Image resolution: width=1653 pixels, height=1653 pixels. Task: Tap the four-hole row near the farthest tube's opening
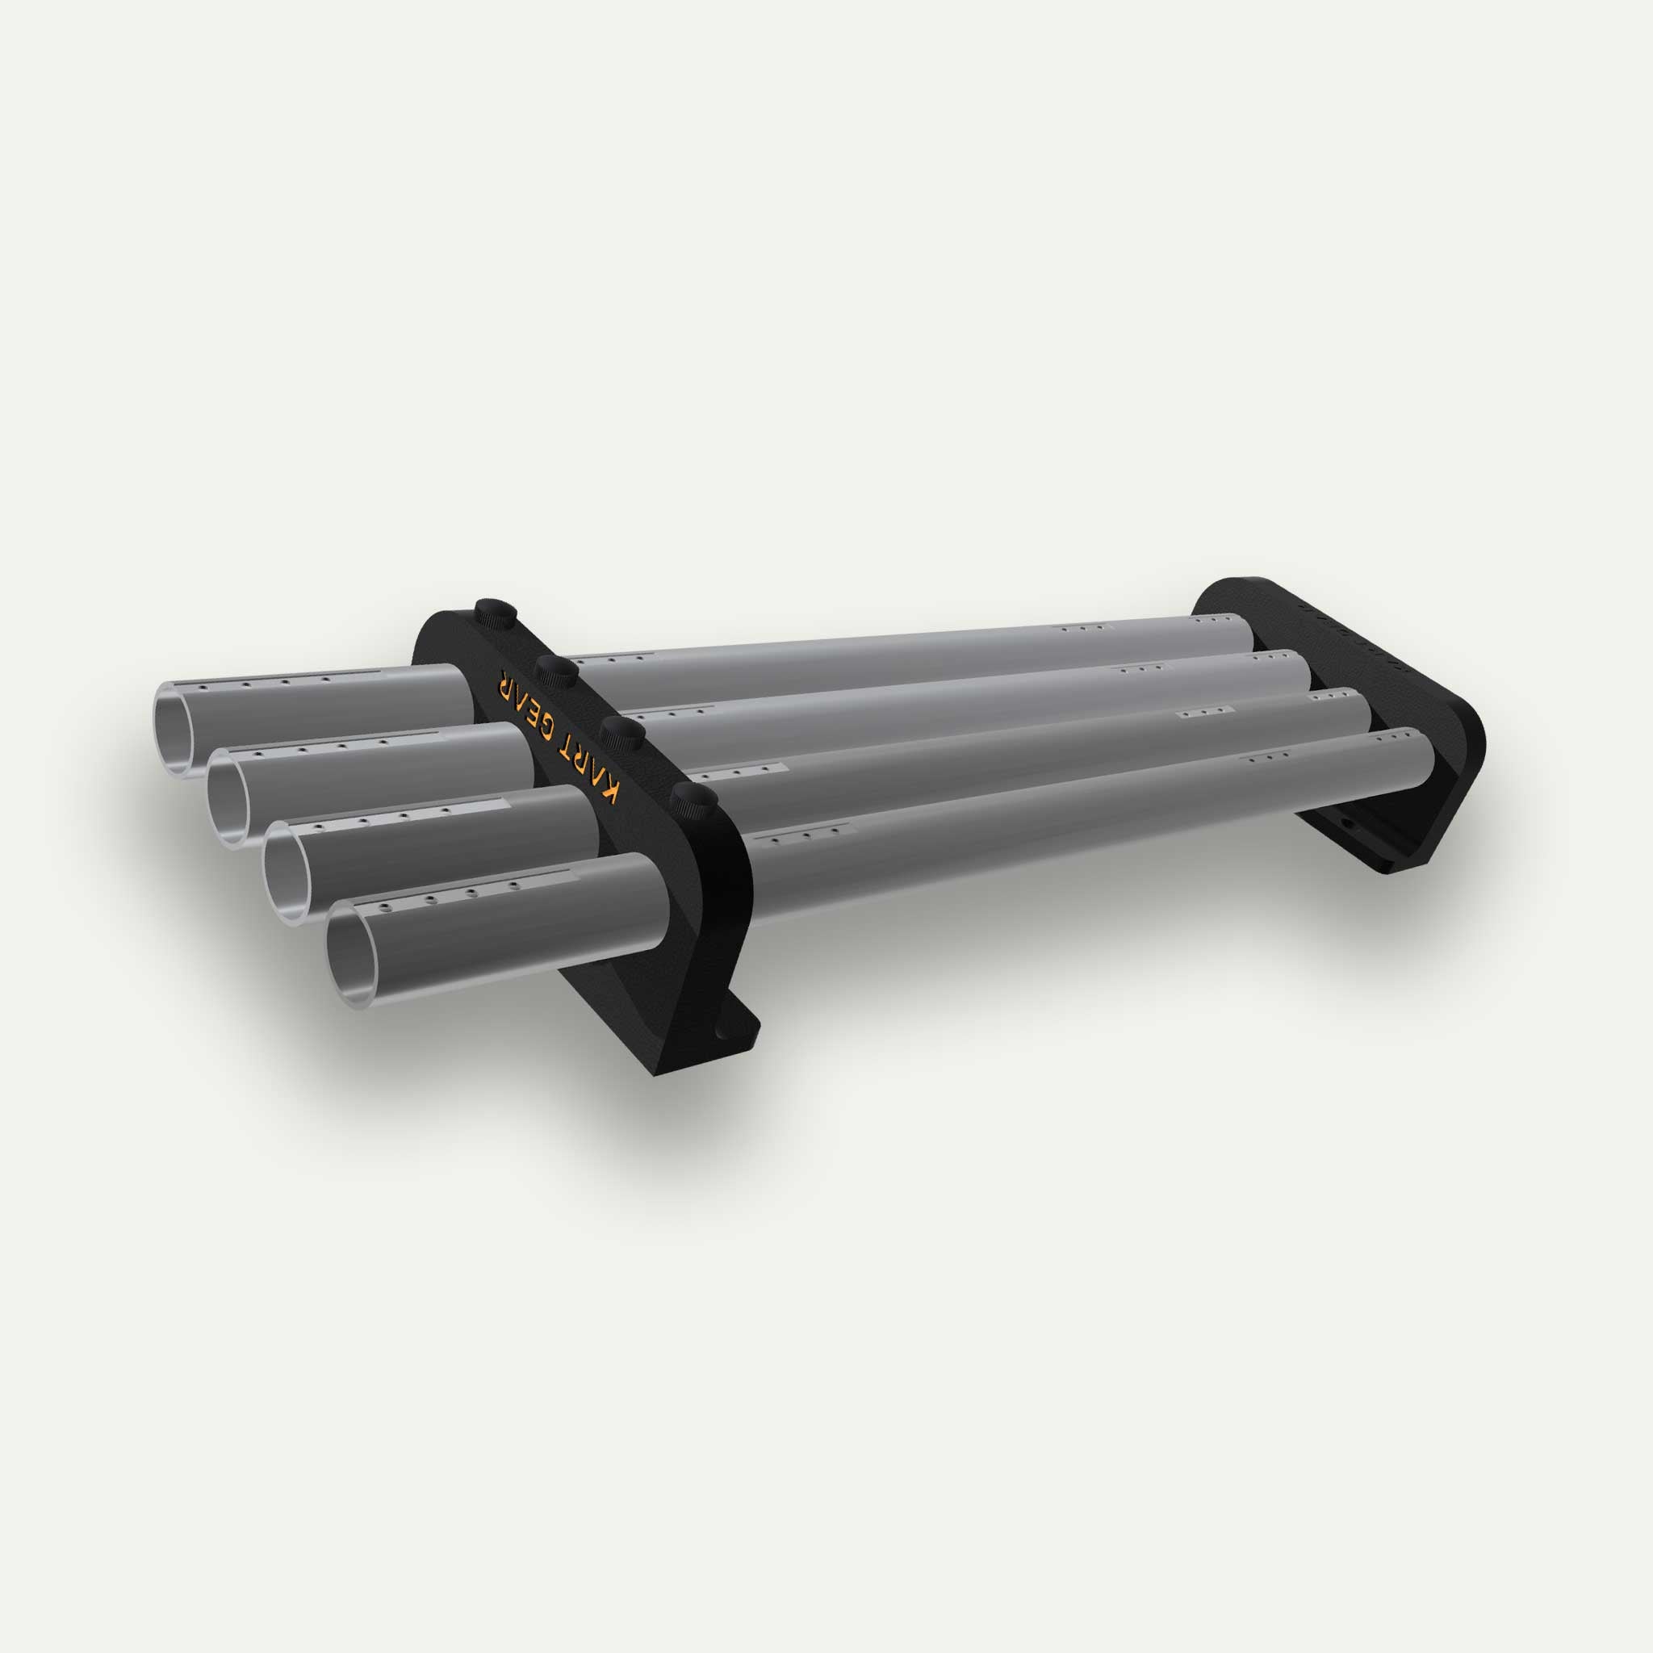pyautogui.click(x=266, y=683)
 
